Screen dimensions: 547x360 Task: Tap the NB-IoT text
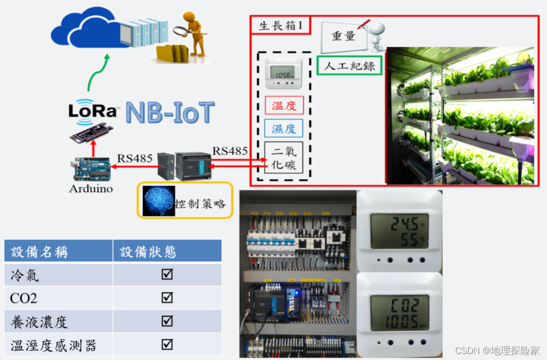(170, 113)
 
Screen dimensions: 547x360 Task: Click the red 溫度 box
(284, 105)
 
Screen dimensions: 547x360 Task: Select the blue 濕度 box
(284, 129)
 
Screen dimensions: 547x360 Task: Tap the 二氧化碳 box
(284, 157)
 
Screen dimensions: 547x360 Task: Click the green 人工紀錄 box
(349, 66)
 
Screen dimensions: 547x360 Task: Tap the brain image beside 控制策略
(159, 200)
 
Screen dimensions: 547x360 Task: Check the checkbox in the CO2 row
(167, 298)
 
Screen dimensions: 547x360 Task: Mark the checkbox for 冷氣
(167, 274)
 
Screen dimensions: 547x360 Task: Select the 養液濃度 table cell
(58, 321)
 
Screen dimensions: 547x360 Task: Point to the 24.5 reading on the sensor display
(400, 224)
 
